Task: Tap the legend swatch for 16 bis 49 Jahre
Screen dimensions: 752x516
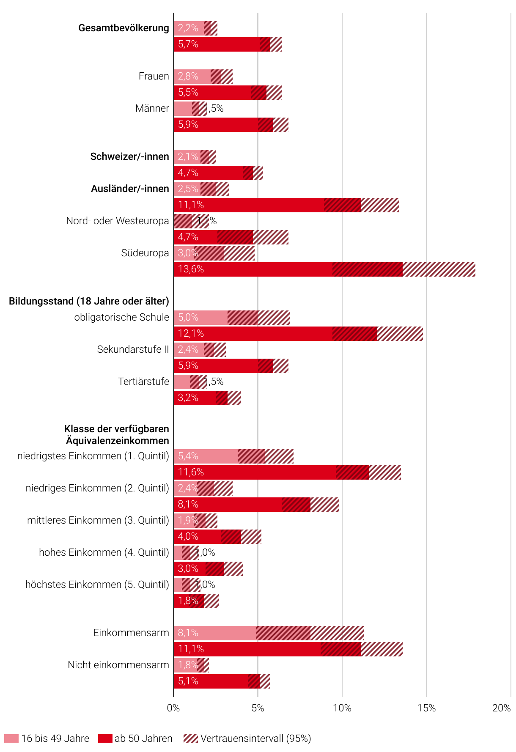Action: tap(11, 738)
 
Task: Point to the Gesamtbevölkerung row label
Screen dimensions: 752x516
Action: tap(124, 28)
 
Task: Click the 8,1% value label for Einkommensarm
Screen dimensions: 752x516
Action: tap(188, 633)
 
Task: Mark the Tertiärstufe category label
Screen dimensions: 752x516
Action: tap(143, 381)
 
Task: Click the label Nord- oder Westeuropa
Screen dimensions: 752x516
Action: tap(117, 221)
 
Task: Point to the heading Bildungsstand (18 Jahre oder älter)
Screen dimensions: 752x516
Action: tap(89, 301)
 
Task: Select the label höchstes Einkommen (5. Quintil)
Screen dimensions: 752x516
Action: tap(97, 585)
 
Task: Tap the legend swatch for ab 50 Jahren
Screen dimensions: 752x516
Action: tap(105, 738)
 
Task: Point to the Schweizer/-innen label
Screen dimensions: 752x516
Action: tap(129, 156)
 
